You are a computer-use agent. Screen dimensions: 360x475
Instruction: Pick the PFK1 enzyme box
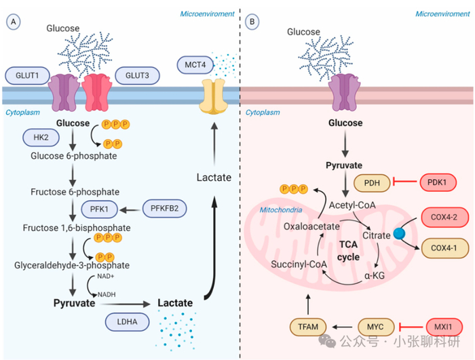tap(100, 208)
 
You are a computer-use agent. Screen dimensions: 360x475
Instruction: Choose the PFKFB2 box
tap(166, 208)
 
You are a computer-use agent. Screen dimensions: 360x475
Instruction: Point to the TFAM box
tap(309, 327)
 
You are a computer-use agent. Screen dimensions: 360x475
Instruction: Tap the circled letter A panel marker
tap(12, 22)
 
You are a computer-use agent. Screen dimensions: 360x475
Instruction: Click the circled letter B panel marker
tap(253, 22)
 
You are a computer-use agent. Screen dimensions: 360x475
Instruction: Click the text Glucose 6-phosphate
tap(74, 156)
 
